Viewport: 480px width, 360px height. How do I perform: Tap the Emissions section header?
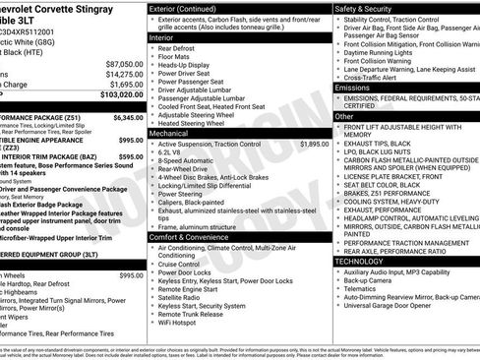coord(353,88)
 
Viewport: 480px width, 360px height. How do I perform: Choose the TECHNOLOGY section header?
coord(360,261)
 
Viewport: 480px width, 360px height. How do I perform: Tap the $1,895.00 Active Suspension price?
coord(314,144)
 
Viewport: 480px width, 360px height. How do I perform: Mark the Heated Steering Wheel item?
coord(200,122)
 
